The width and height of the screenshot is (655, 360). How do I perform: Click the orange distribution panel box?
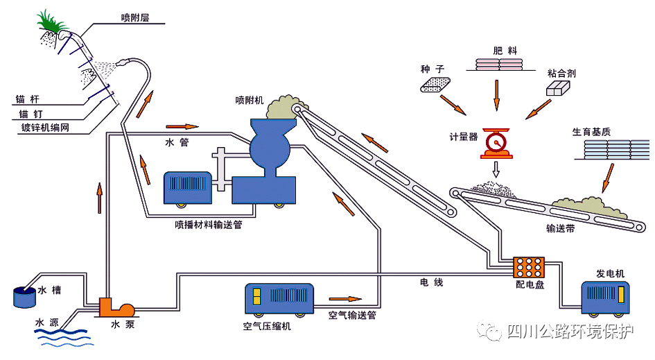pyautogui.click(x=528, y=266)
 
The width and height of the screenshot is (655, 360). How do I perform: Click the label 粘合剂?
pyautogui.click(x=561, y=73)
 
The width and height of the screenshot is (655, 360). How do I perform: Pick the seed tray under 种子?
pyautogui.click(x=435, y=84)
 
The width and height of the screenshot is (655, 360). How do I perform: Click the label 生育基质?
pyautogui.click(x=592, y=131)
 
